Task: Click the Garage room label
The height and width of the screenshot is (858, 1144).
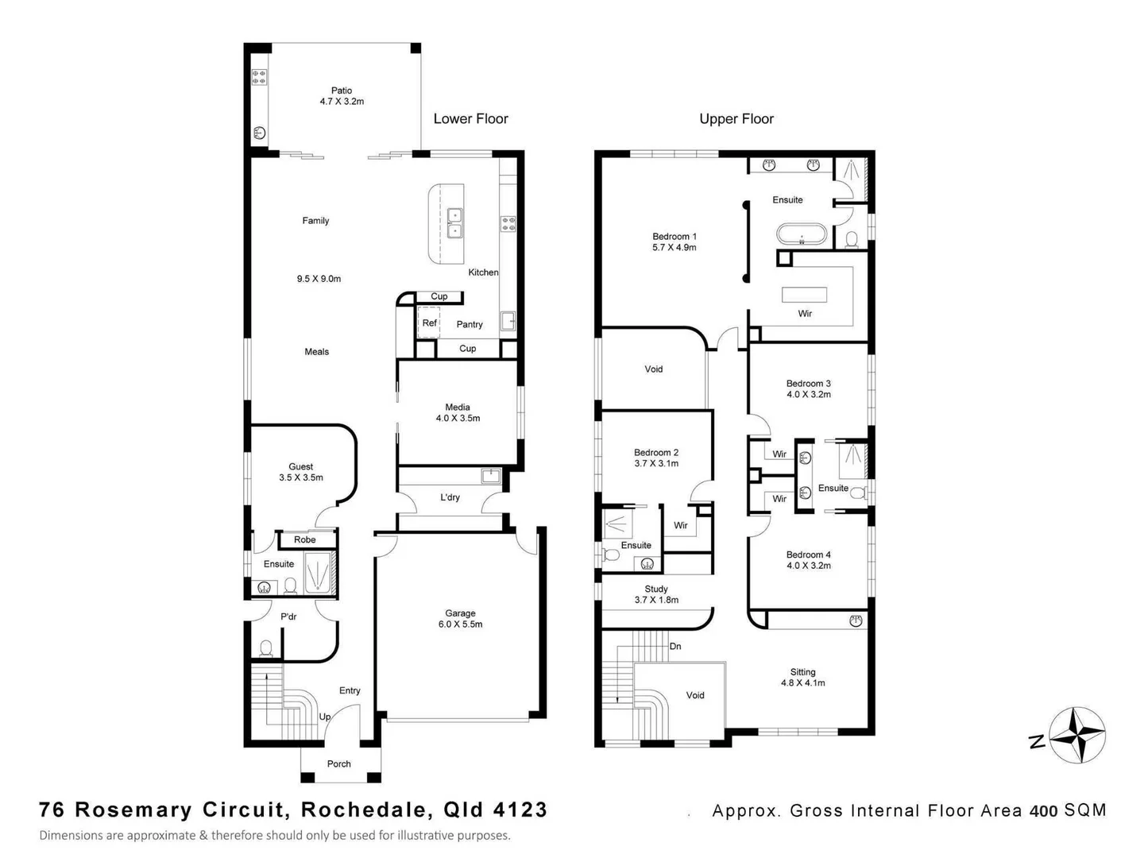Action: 460,618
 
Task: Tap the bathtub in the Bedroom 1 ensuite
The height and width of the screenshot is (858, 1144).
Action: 801,234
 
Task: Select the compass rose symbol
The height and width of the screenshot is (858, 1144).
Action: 1076,735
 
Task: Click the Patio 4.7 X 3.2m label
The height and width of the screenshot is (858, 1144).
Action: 342,96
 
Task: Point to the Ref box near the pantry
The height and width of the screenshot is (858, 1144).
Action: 428,323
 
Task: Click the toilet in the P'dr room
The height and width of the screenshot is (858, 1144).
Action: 266,648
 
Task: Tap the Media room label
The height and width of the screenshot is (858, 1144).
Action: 458,412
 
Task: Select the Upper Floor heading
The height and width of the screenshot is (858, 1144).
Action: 736,119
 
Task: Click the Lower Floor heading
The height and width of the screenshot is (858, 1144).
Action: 470,119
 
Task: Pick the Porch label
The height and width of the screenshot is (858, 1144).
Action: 338,763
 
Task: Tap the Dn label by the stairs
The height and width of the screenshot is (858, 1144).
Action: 675,647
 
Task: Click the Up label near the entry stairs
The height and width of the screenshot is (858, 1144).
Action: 325,717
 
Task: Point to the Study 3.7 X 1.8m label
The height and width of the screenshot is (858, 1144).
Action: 656,594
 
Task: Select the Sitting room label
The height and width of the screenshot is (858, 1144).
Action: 802,677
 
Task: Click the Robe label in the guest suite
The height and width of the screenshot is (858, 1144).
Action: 304,539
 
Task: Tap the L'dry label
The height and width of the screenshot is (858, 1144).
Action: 450,497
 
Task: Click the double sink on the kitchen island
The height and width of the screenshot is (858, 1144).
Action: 455,223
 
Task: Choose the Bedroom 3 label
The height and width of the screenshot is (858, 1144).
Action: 809,388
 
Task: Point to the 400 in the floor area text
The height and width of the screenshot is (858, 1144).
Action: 1044,810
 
